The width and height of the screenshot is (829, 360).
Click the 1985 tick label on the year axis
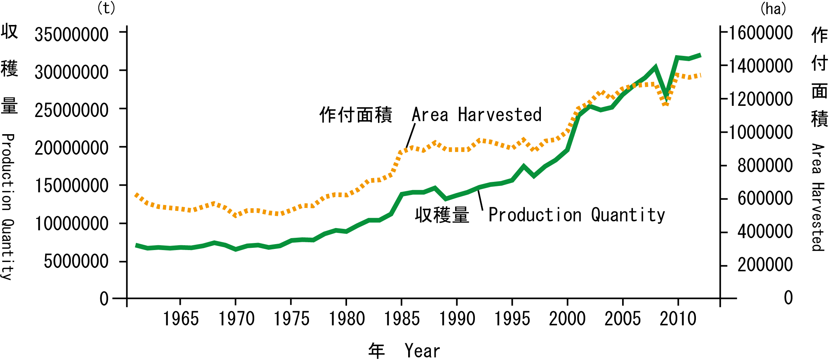click(402, 319)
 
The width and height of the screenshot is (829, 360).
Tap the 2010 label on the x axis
click(678, 319)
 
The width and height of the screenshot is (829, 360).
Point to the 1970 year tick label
click(236, 319)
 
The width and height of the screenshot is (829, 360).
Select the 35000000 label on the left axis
click(72, 35)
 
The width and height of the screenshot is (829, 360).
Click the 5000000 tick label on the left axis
click(76, 262)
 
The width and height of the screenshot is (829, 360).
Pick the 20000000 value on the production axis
click(72, 148)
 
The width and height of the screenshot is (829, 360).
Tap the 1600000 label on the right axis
click(761, 33)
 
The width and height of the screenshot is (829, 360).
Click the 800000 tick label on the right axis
click(765, 165)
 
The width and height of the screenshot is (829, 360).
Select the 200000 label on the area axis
click(765, 265)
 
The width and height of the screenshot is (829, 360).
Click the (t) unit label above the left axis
click(106, 8)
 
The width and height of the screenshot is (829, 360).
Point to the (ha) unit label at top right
click(773, 9)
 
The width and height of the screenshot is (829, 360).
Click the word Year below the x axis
click(422, 351)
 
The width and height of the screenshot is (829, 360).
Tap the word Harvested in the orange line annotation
click(499, 114)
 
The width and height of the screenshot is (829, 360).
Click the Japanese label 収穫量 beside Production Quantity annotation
click(442, 215)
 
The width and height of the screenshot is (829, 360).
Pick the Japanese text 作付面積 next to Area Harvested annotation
click(356, 114)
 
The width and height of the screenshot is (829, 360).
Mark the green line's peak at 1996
click(523, 166)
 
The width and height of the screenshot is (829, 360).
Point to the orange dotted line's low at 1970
click(236, 215)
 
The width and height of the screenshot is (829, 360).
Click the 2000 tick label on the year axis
click(567, 319)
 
